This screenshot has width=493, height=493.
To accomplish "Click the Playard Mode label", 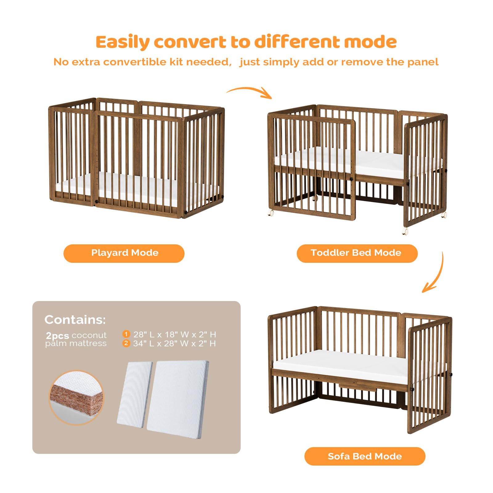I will tap(124, 253).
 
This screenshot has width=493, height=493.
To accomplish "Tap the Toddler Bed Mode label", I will tap(357, 253).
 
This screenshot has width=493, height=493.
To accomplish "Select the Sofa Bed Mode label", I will tap(365, 456).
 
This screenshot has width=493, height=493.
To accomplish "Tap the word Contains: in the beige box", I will tap(75, 320).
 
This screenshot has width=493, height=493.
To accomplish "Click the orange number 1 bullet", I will tap(126, 334).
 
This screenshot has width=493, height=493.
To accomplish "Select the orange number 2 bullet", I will tap(126, 343).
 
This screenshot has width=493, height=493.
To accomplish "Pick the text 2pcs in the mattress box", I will tap(57, 335).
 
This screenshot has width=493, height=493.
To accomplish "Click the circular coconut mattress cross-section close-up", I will tap(76, 397).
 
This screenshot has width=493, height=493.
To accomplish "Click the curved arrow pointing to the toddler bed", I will tap(250, 92).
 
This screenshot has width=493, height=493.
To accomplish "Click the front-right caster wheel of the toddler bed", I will tap(405, 231).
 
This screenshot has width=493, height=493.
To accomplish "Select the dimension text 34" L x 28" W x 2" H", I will tap(174, 344).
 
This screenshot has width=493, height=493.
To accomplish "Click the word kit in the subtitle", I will tap(176, 62).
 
